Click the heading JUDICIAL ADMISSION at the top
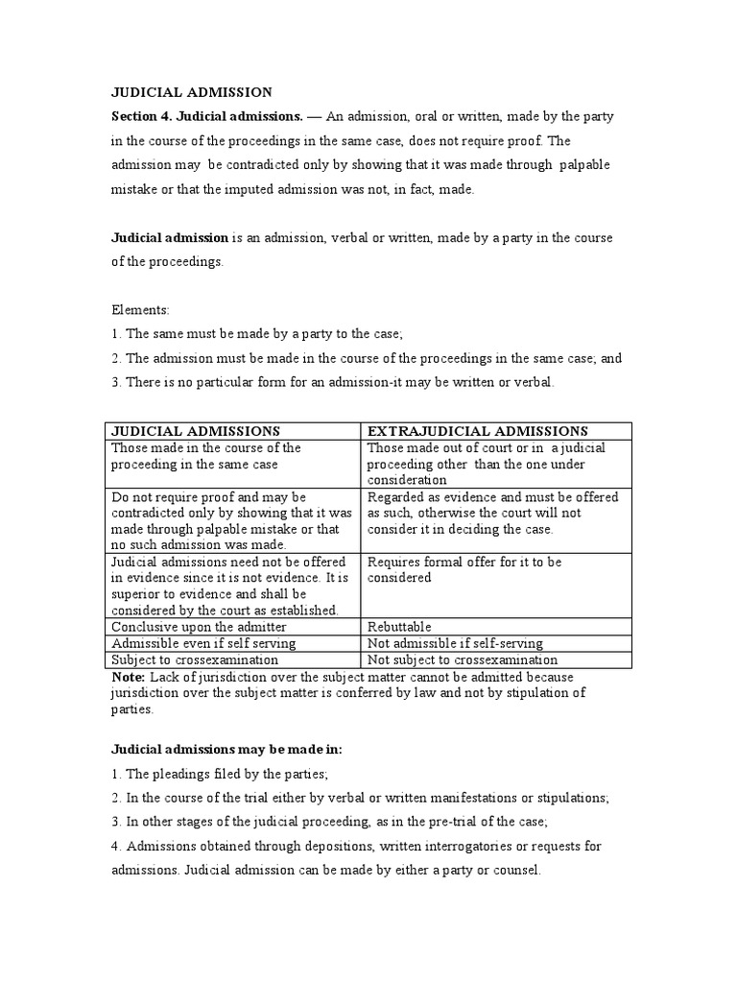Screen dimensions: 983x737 [192, 92]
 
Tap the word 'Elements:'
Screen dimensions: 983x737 [141, 310]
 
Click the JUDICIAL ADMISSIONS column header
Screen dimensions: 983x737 [196, 431]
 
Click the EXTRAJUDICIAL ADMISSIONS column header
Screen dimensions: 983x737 [478, 431]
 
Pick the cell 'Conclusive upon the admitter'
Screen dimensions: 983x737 [199, 626]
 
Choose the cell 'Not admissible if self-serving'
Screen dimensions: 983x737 [455, 642]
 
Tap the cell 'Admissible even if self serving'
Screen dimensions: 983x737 [203, 642]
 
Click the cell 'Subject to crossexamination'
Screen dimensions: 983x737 [195, 659]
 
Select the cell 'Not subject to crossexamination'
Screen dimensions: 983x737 [462, 659]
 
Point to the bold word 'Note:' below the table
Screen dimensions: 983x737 [129, 676]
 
